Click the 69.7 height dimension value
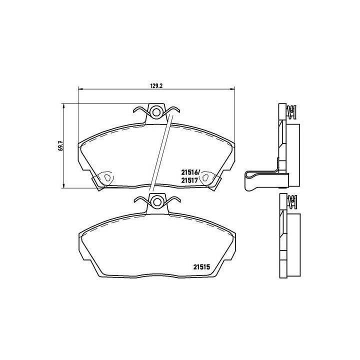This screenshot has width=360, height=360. (60, 144)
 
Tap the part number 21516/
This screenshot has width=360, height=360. (190, 172)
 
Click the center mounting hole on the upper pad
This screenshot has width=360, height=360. (156, 111)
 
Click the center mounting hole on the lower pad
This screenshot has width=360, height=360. (156, 201)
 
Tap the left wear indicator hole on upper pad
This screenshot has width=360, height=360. (106, 177)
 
